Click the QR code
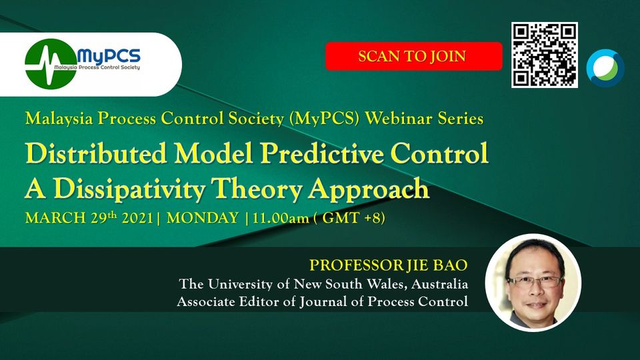pyautogui.click(x=545, y=55)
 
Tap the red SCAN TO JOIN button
pyautogui.click(x=413, y=56)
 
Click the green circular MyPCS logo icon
pyautogui.click(x=51, y=64)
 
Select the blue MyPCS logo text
pyautogui.click(x=109, y=55)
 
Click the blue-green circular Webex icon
pyautogui.click(x=605, y=68)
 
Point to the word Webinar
pyautogui.click(x=399, y=119)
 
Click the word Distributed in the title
pyautogui.click(x=96, y=153)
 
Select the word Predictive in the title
pyautogui.click(x=322, y=154)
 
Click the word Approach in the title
pyautogui.click(x=369, y=189)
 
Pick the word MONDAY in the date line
pyautogui.click(x=203, y=218)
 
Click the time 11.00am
pyautogui.click(x=281, y=218)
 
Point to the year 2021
pyautogui.click(x=137, y=218)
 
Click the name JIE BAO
pyautogui.click(x=437, y=265)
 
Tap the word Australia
pyautogui.click(x=439, y=284)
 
